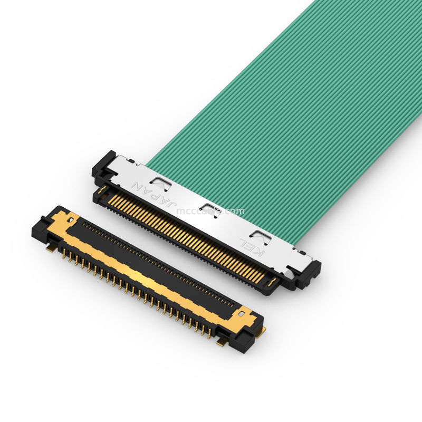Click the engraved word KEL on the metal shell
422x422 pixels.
[252, 247]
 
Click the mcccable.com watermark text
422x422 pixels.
[210, 210]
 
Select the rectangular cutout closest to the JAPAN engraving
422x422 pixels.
[161, 184]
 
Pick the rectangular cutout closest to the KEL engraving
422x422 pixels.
[261, 237]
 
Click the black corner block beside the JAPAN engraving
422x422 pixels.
[103, 166]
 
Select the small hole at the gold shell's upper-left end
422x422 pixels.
[71, 220]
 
